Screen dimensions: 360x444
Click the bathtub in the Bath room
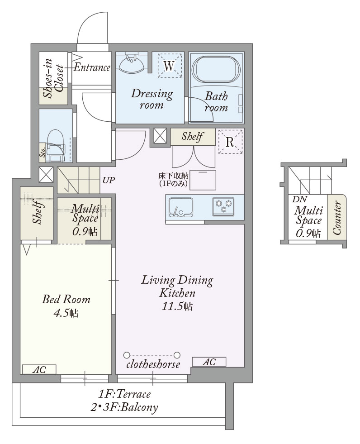pos(216,69)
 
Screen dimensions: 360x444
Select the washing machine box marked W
pos(169,66)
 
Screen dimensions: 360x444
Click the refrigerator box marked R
pos(230,142)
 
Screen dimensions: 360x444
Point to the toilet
pos(56,146)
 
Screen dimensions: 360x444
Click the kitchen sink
pos(181,207)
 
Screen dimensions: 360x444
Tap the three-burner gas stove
pos(223,207)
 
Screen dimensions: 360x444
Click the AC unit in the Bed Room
pos(39,369)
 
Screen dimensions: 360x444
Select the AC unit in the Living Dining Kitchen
pos(209,362)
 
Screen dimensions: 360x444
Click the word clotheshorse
pos(153,364)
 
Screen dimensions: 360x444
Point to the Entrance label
pos(92,67)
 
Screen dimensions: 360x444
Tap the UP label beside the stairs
pos(109,180)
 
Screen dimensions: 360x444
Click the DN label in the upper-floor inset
pos(300,199)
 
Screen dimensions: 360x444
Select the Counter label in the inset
pos(336,217)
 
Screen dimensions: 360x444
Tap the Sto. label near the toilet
pos(43,153)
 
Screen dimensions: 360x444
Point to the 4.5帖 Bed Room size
pos(66,313)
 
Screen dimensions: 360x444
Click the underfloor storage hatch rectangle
pos(203,180)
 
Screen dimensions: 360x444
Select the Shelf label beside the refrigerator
pos(192,137)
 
